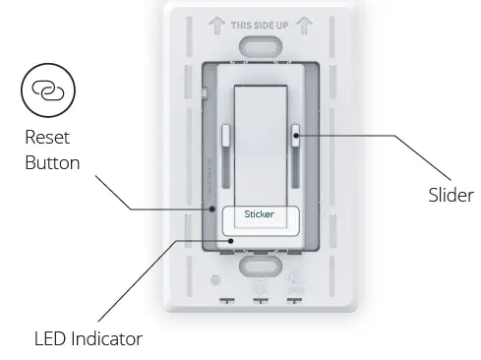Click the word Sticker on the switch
click(259, 213)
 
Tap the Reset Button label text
click(52, 150)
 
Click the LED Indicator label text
click(88, 339)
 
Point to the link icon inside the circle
click(46, 89)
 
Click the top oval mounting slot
click(260, 47)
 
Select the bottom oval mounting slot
click(260, 267)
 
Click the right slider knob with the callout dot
click(295, 136)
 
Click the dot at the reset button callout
click(211, 209)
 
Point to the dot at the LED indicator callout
click(230, 239)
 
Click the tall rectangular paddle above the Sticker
click(260, 138)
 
